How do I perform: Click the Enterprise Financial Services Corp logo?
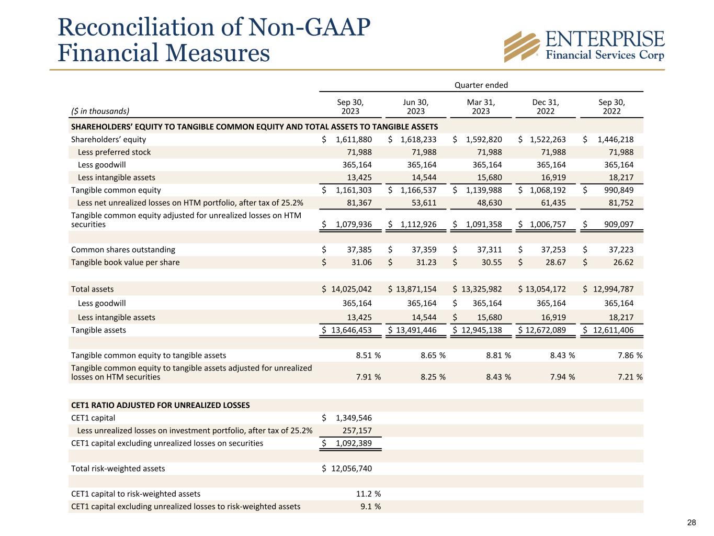pyautogui.click(x=584, y=46)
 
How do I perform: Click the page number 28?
pyautogui.click(x=692, y=522)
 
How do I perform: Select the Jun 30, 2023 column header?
pyautogui.click(x=416, y=107)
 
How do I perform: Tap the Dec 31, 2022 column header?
pyautogui.click(x=546, y=107)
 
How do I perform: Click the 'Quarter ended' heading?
pyautogui.click(x=481, y=85)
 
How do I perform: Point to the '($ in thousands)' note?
pyautogui.click(x=100, y=111)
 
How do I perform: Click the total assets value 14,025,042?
pyautogui.click(x=352, y=289)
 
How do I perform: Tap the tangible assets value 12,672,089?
pyautogui.click(x=545, y=330)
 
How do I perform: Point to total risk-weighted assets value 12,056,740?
pyautogui.click(x=352, y=468)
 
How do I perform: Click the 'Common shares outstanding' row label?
pyautogui.click(x=123, y=250)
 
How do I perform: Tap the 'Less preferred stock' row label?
pyautogui.click(x=114, y=152)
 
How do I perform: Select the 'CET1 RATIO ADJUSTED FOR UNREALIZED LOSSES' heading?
pyautogui.click(x=160, y=405)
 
